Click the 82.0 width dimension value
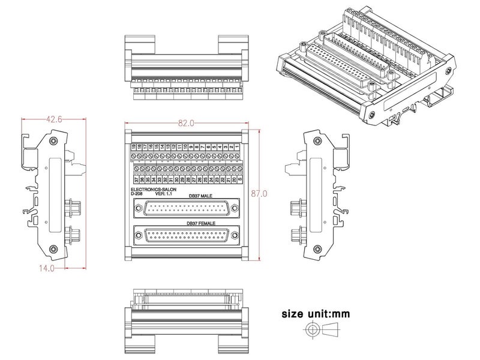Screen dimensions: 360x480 185,123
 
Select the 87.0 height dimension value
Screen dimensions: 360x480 260,194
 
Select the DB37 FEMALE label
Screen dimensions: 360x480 200,223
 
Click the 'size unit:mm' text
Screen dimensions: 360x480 316,313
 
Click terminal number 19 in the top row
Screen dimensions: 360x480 133,147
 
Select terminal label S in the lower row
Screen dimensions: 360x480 240,179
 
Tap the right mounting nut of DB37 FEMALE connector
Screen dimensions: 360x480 235,236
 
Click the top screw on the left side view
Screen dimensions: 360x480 55,142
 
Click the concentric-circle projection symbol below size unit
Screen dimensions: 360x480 311,331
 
